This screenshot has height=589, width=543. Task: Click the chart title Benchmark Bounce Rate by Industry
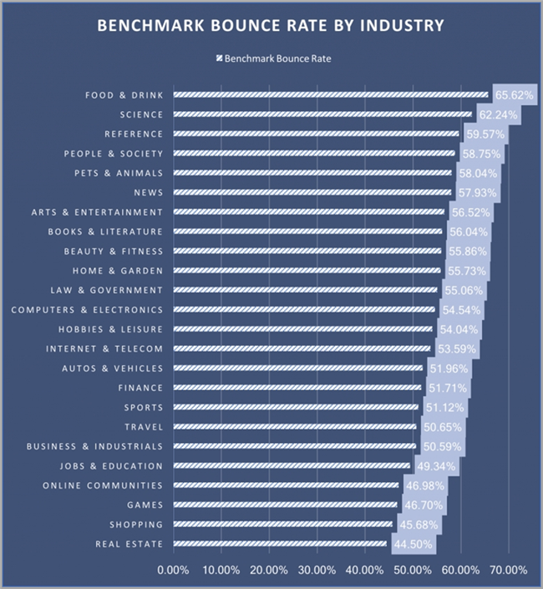click(x=271, y=26)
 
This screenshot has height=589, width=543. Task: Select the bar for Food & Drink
click(x=330, y=94)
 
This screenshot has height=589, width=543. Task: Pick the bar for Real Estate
click(x=280, y=544)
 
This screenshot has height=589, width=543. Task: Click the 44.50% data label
click(x=412, y=545)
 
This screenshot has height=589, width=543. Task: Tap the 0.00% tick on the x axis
click(x=174, y=571)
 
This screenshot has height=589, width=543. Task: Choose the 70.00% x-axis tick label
click(x=509, y=571)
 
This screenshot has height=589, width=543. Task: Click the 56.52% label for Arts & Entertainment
click(x=469, y=212)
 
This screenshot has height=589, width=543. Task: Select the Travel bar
click(x=294, y=427)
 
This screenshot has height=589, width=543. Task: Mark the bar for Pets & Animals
click(x=312, y=173)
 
